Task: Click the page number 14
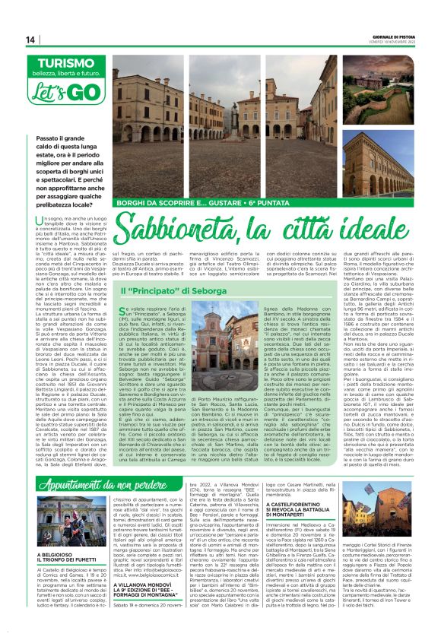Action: coord(30,40)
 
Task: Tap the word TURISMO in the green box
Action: coord(61,64)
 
